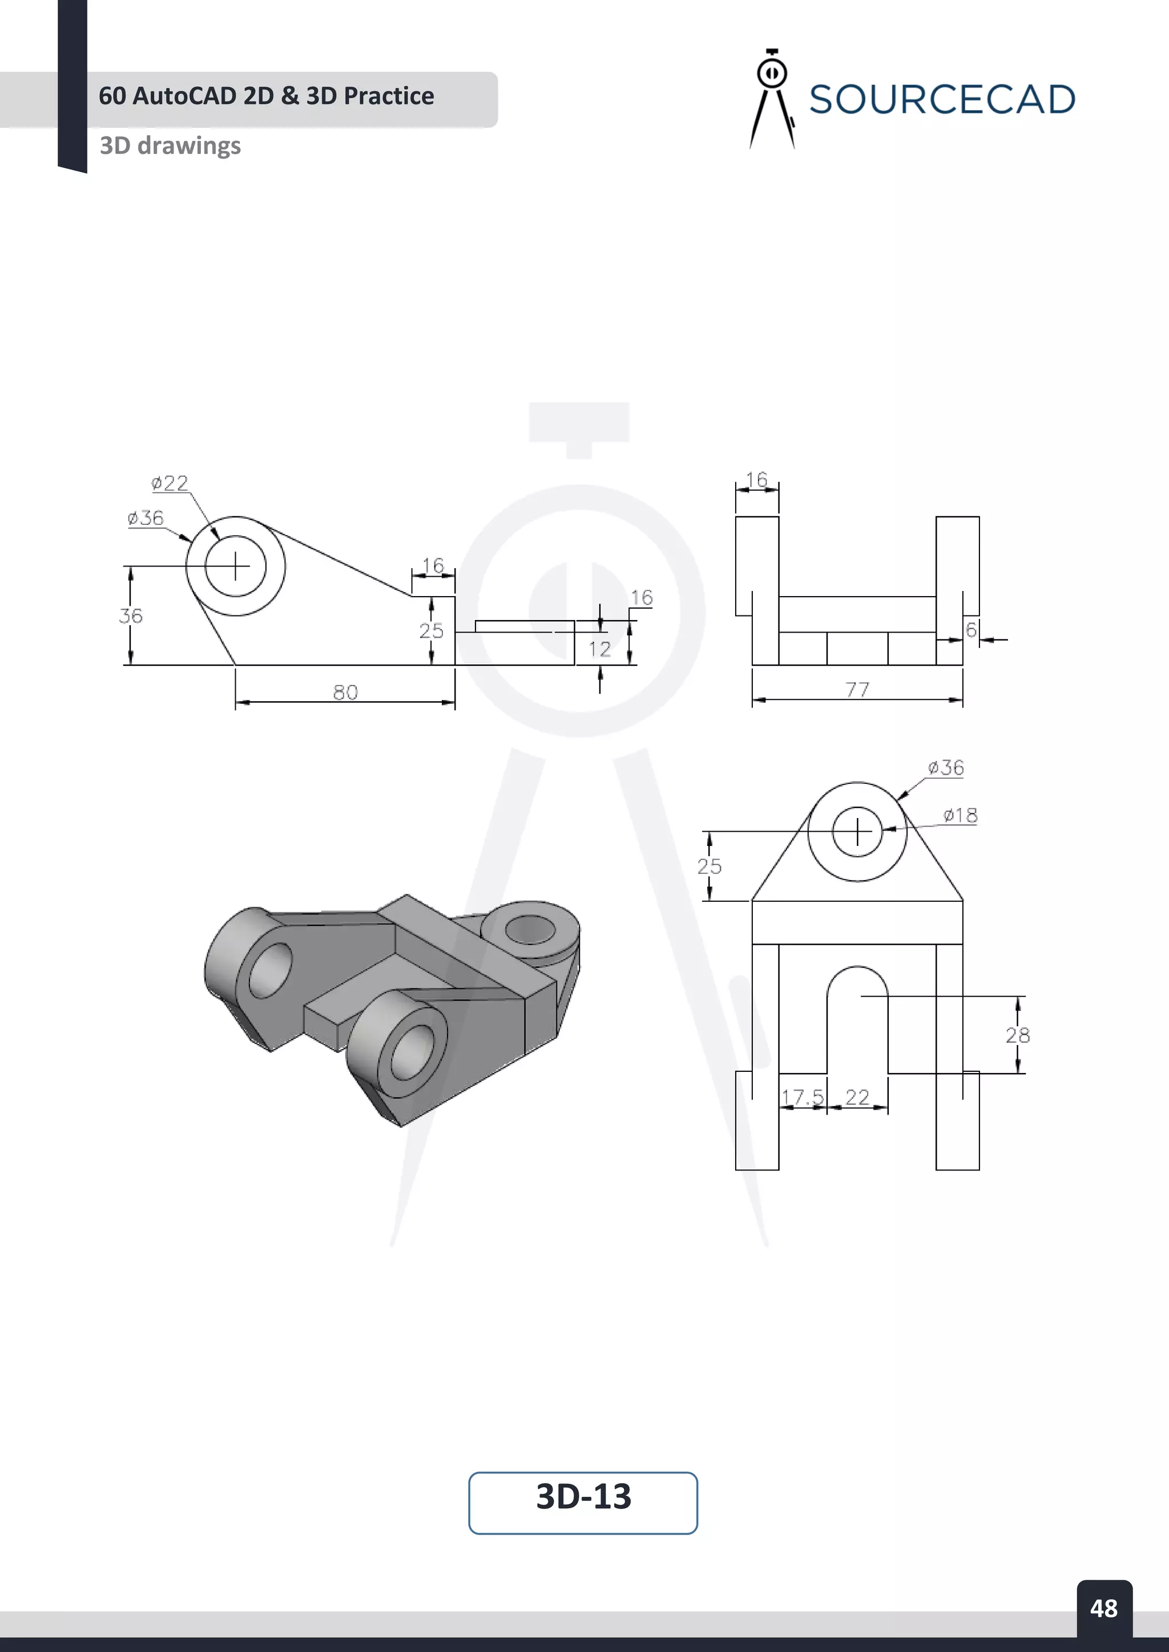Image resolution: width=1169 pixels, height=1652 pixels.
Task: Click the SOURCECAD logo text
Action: [x=941, y=99]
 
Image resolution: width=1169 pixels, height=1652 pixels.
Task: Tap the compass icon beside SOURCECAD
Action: [x=772, y=99]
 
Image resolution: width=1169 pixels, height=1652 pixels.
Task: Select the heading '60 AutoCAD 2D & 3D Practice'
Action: [x=267, y=96]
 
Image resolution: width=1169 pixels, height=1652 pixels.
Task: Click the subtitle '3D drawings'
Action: [x=170, y=145]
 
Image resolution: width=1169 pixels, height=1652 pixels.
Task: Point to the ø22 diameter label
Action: [x=170, y=483]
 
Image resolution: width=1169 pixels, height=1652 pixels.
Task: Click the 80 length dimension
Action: [x=345, y=692]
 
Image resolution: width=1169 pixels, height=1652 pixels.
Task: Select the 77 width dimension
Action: [x=857, y=689]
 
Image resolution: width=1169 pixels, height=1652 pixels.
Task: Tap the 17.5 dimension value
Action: [x=802, y=1098]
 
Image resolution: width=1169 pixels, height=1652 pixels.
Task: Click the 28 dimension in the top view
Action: [x=1018, y=1035]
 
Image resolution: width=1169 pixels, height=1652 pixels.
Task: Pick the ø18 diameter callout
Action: [x=960, y=815]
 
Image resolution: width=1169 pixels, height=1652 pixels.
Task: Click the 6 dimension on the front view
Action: [x=971, y=630]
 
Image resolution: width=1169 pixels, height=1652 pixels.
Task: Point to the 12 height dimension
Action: [x=599, y=649]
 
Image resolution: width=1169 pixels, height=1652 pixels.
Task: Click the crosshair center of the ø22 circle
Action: [x=235, y=566]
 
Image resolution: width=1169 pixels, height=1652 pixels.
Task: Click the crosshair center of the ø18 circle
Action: [x=857, y=832]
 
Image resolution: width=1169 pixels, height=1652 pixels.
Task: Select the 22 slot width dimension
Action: [x=857, y=1098]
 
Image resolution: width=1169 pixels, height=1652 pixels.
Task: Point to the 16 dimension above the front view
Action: [x=756, y=479]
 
